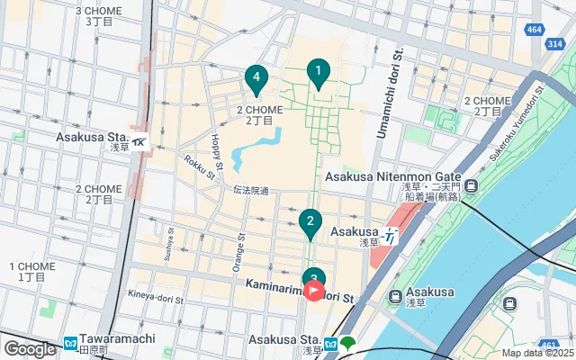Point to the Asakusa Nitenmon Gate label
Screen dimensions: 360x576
coord(393,177)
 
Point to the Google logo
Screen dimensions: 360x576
coord(30,348)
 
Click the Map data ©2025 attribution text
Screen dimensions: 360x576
coord(537,354)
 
